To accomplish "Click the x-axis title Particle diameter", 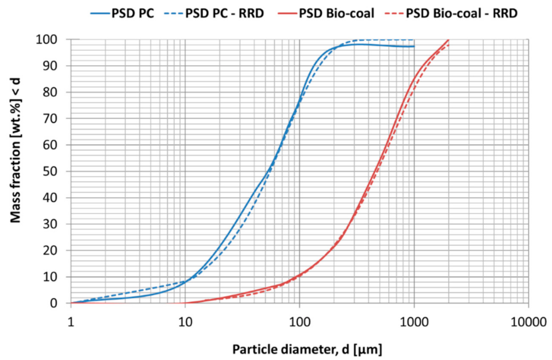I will [307, 349].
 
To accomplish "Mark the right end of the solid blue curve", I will [414, 46].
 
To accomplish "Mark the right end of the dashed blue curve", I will [414, 40].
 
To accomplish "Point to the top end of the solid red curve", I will [448, 40].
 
